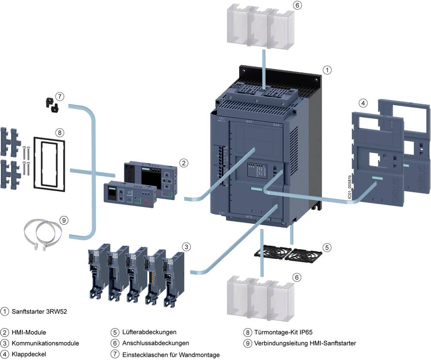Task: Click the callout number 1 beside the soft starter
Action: click(328, 69)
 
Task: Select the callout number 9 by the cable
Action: click(64, 220)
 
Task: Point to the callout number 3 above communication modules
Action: click(186, 247)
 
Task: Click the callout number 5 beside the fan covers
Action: click(327, 247)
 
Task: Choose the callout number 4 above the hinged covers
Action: click(364, 103)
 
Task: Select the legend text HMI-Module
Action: click(29, 332)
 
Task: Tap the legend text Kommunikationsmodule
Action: click(45, 344)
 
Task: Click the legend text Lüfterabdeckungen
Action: click(149, 332)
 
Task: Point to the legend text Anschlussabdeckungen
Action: click(155, 343)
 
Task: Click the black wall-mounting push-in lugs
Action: click(52, 105)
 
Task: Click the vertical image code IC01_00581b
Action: click(348, 187)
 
